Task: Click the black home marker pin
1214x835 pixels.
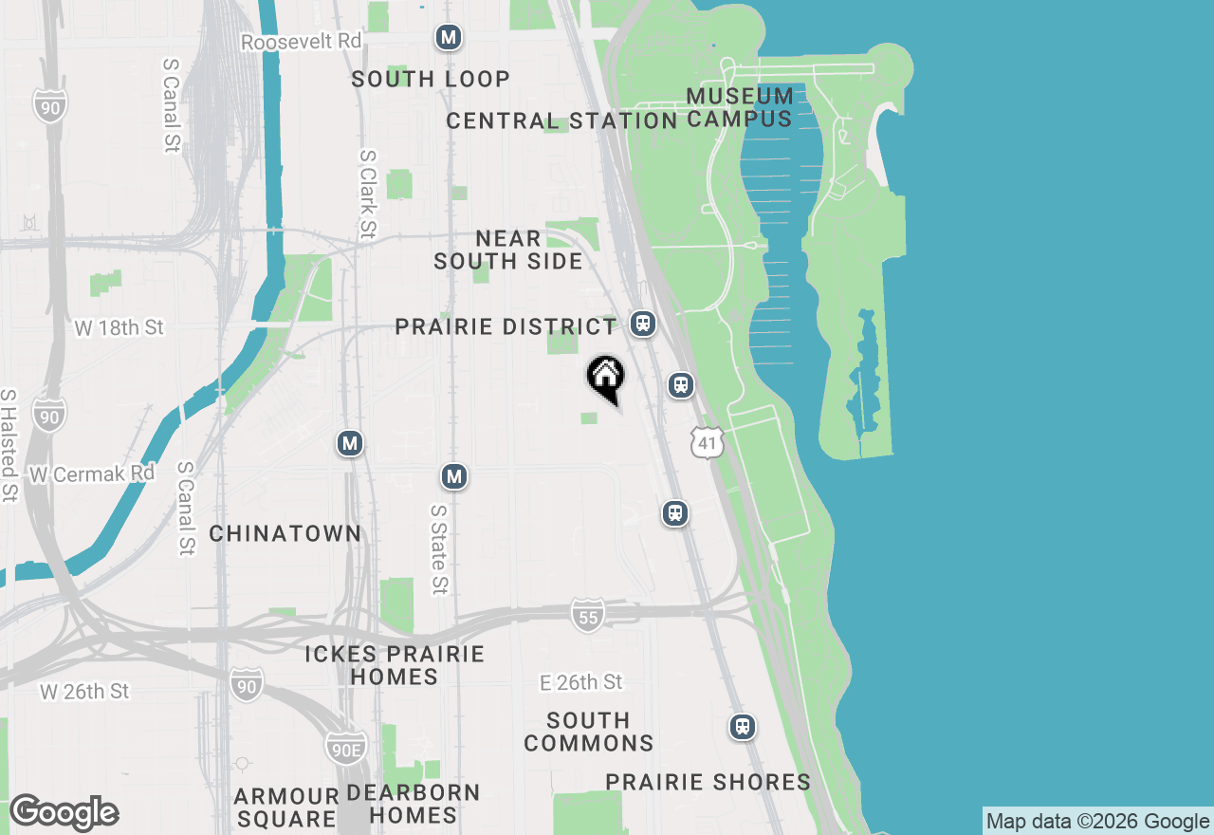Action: (x=606, y=378)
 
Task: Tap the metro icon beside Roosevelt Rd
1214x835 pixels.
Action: (x=449, y=38)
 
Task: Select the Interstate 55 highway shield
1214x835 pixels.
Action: (x=588, y=616)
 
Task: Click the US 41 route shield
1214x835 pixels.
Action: (x=708, y=441)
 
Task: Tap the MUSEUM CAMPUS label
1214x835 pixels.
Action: (x=740, y=107)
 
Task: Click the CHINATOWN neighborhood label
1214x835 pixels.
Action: (x=285, y=533)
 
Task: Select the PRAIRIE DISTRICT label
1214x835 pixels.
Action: (x=506, y=327)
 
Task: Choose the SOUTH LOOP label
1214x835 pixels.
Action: (x=431, y=79)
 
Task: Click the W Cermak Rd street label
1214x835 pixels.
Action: (x=92, y=473)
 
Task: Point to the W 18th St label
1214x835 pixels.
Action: (x=119, y=327)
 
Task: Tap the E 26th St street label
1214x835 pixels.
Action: (x=580, y=682)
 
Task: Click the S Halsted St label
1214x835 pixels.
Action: (x=9, y=444)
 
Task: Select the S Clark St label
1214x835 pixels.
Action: (x=368, y=194)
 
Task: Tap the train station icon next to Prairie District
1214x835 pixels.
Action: (x=643, y=324)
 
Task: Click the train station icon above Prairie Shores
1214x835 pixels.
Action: (x=743, y=727)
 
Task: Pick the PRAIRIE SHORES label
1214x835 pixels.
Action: (x=708, y=782)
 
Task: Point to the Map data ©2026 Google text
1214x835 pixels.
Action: (x=1097, y=822)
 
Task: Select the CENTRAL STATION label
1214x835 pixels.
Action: (x=561, y=121)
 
